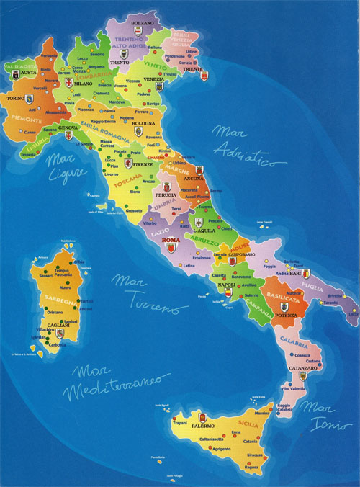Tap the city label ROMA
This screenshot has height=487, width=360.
coord(171,240)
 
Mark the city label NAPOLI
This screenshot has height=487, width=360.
coord(227,285)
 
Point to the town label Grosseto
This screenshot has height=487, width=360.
coord(134,210)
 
